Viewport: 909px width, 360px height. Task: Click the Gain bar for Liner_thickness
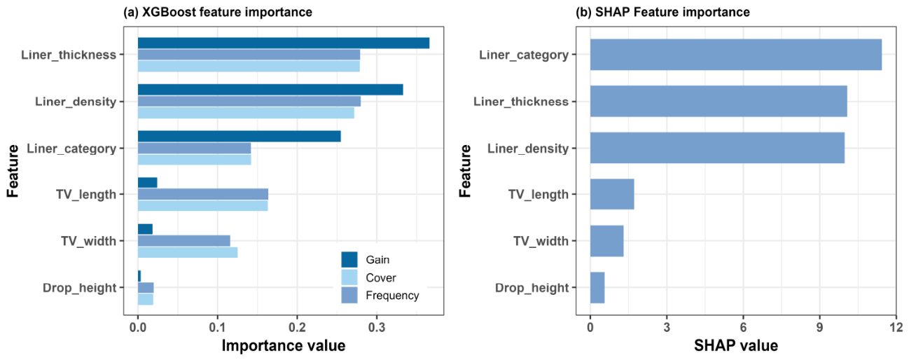(x=283, y=43)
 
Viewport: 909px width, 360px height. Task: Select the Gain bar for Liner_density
(x=270, y=90)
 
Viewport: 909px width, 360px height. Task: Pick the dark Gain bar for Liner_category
(x=239, y=137)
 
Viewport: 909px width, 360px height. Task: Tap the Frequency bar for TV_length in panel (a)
(x=203, y=195)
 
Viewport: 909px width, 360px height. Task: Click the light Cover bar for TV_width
(x=188, y=252)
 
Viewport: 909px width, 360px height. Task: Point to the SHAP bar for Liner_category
(x=736, y=55)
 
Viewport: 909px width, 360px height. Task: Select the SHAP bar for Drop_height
(x=597, y=288)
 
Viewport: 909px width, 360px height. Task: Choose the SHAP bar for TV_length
(x=612, y=195)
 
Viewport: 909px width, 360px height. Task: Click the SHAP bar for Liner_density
(x=717, y=148)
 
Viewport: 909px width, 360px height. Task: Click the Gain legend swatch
(x=349, y=260)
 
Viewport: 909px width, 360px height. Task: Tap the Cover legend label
(x=381, y=278)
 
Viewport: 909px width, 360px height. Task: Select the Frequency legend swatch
(x=349, y=296)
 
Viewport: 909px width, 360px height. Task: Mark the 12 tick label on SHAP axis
(x=896, y=328)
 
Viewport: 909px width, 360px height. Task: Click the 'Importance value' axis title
(x=284, y=346)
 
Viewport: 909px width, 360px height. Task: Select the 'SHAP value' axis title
(x=736, y=346)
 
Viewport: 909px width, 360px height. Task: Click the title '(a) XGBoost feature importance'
(x=218, y=12)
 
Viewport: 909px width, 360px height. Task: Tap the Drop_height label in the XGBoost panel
(x=80, y=288)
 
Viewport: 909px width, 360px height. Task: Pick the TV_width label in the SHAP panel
(x=541, y=241)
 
